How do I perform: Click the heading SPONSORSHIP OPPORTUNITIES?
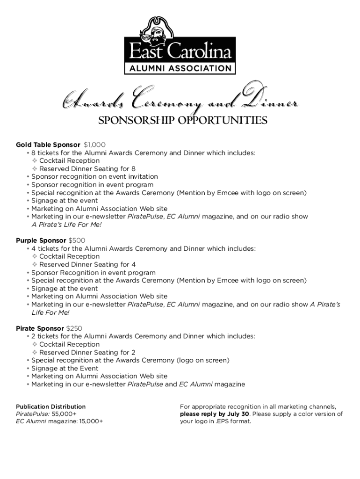tap(182, 121)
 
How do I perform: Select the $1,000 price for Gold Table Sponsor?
tap(94, 145)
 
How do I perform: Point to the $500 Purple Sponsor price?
tap(77, 240)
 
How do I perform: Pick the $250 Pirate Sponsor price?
tap(74, 328)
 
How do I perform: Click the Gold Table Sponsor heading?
tap(48, 145)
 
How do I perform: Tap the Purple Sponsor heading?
tap(41, 240)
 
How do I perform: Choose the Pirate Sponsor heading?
tap(40, 328)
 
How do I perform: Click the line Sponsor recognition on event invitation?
tap(94, 177)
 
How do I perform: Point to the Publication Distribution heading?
tap(51, 406)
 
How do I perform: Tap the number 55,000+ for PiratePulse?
tap(64, 414)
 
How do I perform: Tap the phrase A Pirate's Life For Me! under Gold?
tap(66, 225)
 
